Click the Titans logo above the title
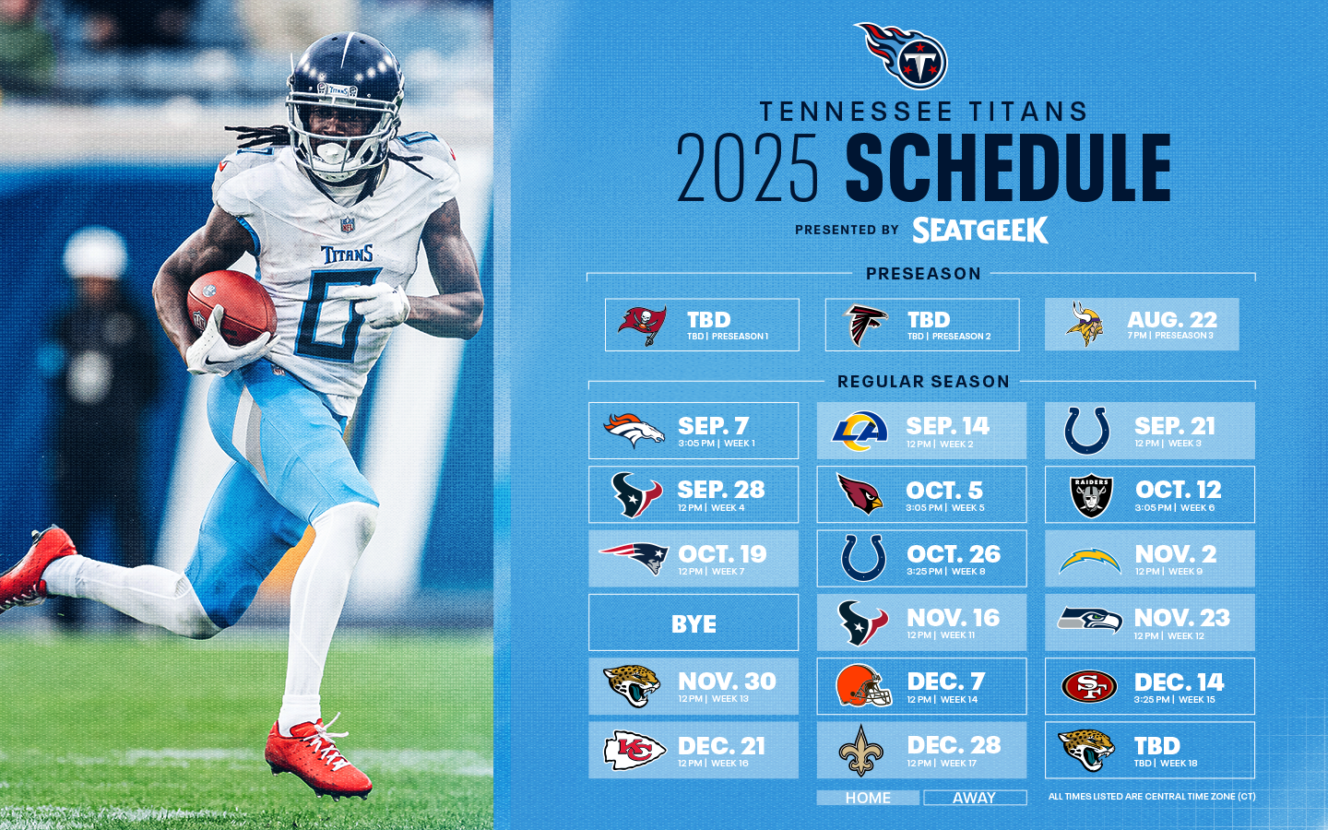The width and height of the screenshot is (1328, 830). coord(901,55)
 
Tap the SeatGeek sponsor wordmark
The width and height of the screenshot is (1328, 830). coord(980,230)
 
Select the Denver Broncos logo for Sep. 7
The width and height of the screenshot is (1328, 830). coord(634,431)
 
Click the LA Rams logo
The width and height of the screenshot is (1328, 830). coord(860,431)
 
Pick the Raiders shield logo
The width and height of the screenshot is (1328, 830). coord(1091,495)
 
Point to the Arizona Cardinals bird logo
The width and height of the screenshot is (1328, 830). coord(860,493)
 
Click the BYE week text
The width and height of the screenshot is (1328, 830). coord(694,623)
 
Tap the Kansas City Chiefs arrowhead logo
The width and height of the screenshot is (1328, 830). coord(634,750)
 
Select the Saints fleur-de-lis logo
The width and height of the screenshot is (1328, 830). coord(860,750)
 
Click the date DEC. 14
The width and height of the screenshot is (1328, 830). coord(1179,682)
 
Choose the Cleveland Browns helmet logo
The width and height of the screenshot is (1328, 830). coord(863,685)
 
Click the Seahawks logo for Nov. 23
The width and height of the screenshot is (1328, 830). coord(1090,620)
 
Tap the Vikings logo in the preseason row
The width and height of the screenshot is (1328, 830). coord(1085,324)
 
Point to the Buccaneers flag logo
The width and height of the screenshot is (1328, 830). coord(642,325)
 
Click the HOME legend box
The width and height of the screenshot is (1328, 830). coord(868,798)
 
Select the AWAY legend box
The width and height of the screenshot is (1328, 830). coord(975,798)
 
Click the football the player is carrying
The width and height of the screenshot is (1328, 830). coord(231,307)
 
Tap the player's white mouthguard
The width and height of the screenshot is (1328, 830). coord(330,152)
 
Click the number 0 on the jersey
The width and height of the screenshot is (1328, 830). coord(337,314)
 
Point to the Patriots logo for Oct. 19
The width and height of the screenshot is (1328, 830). coord(634,558)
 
